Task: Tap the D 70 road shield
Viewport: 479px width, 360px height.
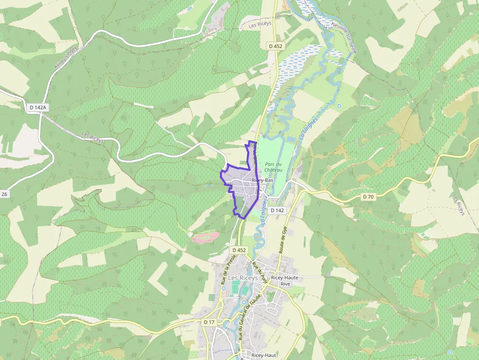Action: (368, 196)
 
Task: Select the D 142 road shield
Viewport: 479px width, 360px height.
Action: (277, 211)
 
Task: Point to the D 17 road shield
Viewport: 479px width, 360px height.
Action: (209, 322)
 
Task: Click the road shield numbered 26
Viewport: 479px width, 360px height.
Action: (4, 194)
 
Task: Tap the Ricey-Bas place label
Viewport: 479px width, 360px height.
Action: (262, 180)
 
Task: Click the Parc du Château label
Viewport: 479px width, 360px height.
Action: (273, 167)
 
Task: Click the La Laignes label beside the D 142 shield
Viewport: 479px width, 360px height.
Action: (264, 211)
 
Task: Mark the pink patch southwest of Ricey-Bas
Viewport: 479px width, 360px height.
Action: (205, 237)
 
